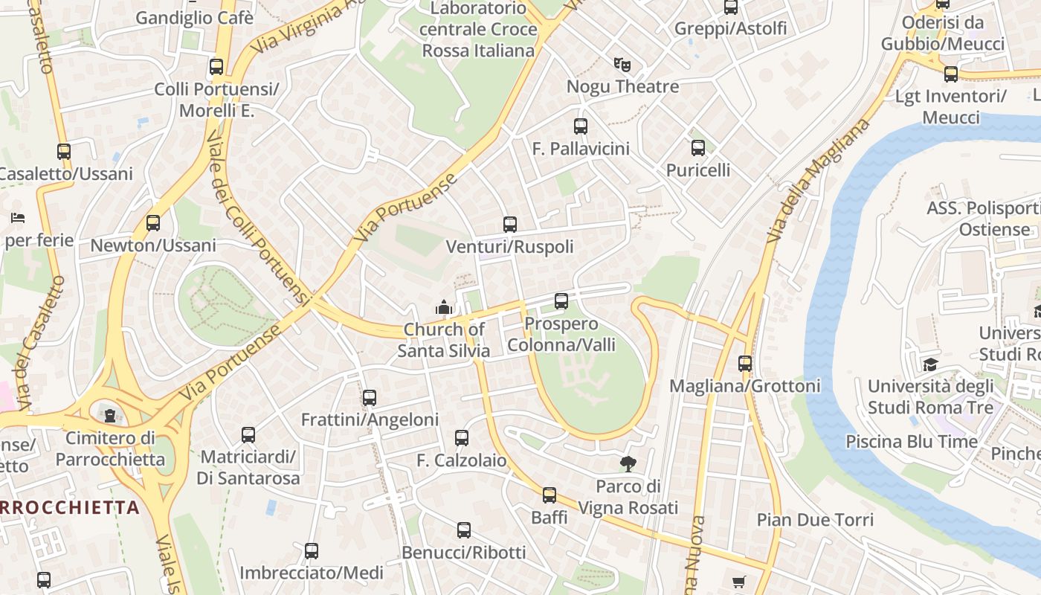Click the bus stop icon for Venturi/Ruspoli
point(509,224)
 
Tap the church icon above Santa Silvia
point(444,306)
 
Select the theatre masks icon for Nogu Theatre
point(622,65)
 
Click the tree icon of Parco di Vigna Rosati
point(628,464)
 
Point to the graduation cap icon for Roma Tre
point(929,364)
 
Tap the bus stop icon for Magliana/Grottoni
point(744,364)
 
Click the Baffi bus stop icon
point(549,495)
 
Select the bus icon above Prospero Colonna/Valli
point(561,301)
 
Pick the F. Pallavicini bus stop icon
point(581,126)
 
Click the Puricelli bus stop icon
point(697,148)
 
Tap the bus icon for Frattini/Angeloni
point(370,397)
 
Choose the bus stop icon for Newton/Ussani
point(153,222)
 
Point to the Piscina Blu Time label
point(912,442)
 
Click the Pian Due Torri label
point(815,519)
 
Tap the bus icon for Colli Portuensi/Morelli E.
point(216,67)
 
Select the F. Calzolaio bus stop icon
point(462,438)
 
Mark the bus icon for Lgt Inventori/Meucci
point(950,74)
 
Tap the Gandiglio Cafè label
point(194,18)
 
